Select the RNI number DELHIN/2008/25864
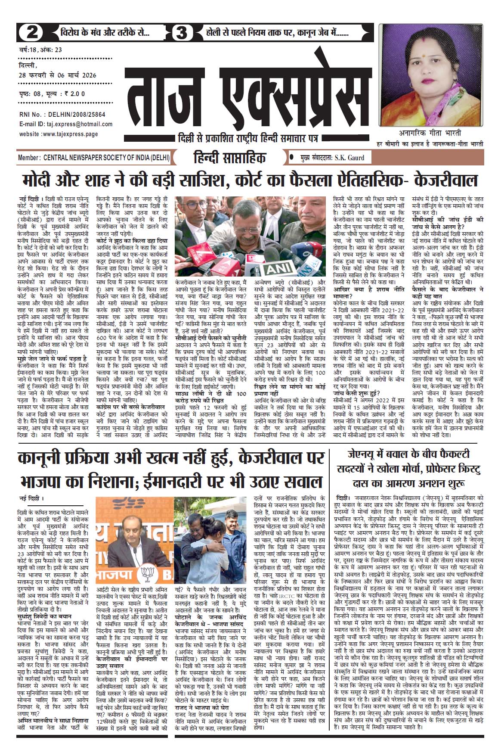pos(77,115)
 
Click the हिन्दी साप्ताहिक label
pos(230,158)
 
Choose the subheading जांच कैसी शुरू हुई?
pos(357,393)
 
